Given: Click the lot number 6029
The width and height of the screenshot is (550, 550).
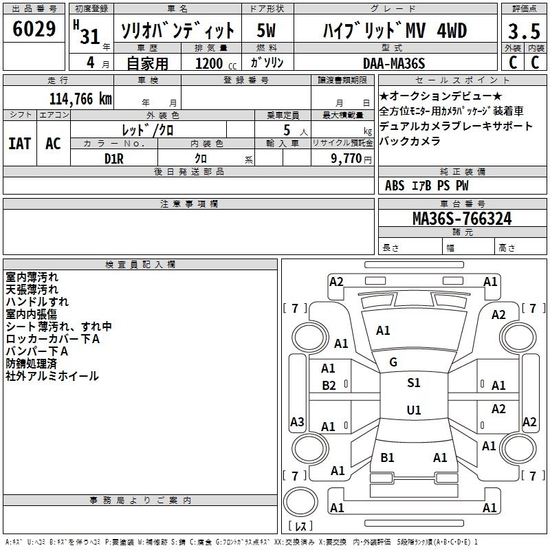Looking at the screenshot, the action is click(34, 30).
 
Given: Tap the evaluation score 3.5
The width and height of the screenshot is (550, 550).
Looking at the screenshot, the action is click(523, 32).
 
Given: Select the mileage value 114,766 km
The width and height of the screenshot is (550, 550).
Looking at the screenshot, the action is click(80, 98).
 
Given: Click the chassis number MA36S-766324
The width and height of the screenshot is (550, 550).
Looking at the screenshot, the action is click(461, 219).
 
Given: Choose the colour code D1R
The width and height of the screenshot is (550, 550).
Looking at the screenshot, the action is click(113, 158).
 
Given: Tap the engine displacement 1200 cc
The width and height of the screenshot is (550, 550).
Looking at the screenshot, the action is click(209, 63).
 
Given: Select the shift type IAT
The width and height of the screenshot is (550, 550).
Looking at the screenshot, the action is click(19, 143).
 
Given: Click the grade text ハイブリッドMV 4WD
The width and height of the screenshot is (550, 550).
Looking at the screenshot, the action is click(395, 31).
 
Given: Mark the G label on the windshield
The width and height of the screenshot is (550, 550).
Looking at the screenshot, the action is click(393, 362).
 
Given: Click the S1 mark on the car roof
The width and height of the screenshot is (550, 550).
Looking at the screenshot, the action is click(413, 383).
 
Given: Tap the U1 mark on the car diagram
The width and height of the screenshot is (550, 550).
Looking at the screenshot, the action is click(413, 410).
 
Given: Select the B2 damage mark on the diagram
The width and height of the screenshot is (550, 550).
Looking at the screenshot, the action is click(329, 386).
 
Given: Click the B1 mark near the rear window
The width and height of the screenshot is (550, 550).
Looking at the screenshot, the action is click(387, 457).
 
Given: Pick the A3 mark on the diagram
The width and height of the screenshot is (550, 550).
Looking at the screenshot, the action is click(297, 421).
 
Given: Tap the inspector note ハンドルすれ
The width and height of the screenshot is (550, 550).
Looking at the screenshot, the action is click(37, 302).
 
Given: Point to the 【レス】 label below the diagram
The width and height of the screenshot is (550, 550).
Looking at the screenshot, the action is click(300, 527).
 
